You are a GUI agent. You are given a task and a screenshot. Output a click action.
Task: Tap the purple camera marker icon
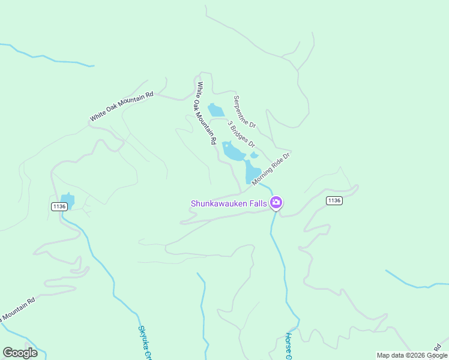[276, 202]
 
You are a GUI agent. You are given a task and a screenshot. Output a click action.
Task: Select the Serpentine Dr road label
[245, 112]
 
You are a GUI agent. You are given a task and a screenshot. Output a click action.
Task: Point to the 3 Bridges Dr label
[241, 134]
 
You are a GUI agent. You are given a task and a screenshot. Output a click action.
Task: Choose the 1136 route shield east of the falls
[334, 200]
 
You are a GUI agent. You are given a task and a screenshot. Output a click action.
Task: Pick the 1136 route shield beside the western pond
[59, 206]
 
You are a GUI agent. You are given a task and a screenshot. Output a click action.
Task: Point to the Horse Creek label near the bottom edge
[289, 347]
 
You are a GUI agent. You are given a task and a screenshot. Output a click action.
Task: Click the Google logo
[20, 353]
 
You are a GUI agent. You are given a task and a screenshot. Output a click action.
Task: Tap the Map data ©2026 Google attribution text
[412, 355]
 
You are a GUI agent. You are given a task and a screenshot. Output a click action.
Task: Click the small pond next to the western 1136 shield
[67, 199]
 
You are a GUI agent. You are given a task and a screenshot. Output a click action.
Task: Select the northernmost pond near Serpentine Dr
[215, 110]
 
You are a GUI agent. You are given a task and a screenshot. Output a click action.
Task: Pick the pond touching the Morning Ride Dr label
[252, 172]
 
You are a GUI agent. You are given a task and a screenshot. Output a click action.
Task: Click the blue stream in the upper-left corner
[48, 58]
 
